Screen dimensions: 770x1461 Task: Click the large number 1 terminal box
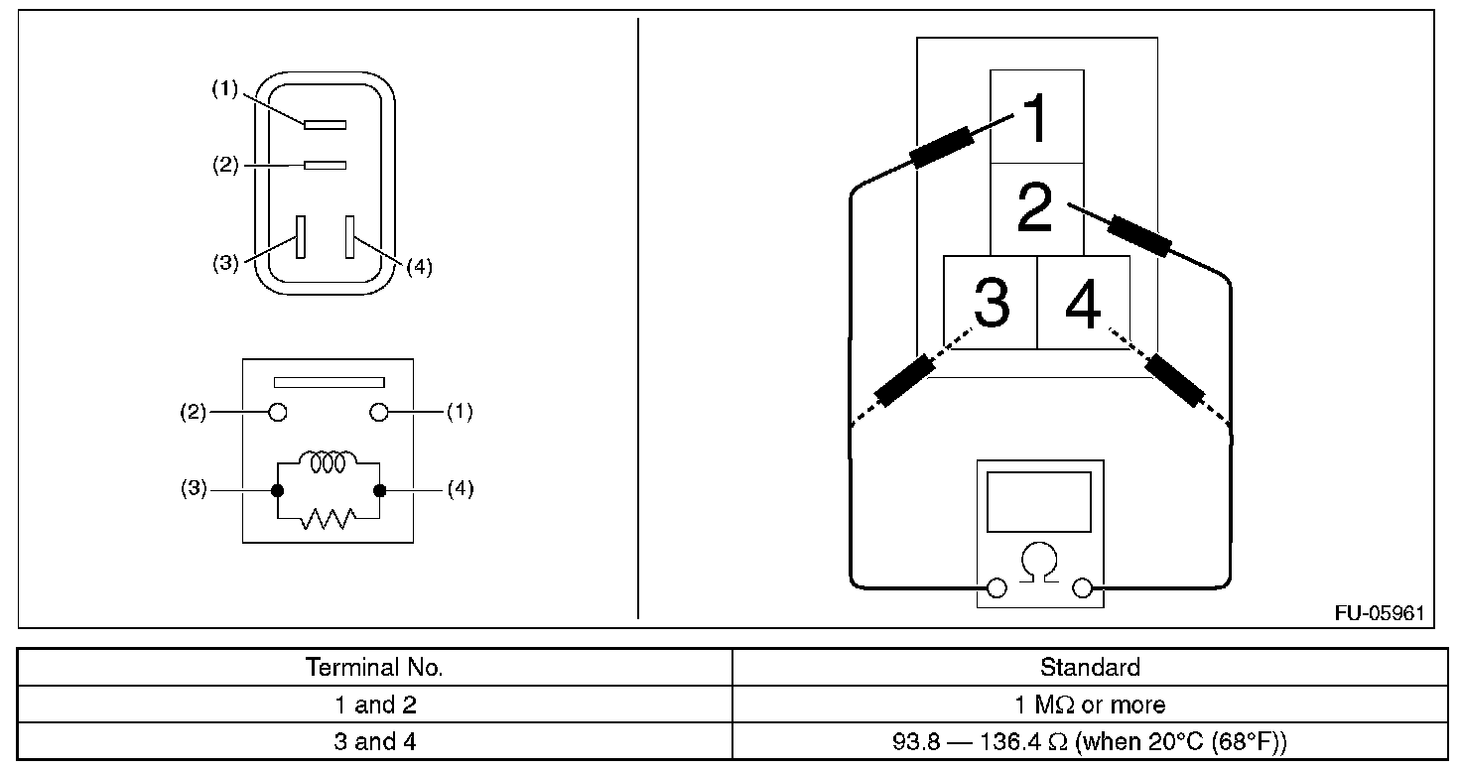point(1036,117)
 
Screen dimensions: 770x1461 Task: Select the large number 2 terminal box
point(1036,208)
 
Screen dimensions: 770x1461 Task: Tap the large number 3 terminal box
point(990,303)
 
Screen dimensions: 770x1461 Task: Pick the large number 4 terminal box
point(1083,303)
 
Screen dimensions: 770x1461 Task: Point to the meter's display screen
point(1039,502)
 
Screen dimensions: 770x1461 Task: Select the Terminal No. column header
point(374,667)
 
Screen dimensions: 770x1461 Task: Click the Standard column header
point(1089,667)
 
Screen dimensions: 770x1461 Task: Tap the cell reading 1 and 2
point(374,706)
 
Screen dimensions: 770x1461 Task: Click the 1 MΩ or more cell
point(1089,706)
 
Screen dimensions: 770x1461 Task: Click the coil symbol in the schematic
point(328,462)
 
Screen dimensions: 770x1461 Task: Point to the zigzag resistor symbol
point(328,517)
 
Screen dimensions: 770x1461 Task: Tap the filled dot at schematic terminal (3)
point(277,490)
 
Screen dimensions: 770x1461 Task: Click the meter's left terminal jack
point(996,589)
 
